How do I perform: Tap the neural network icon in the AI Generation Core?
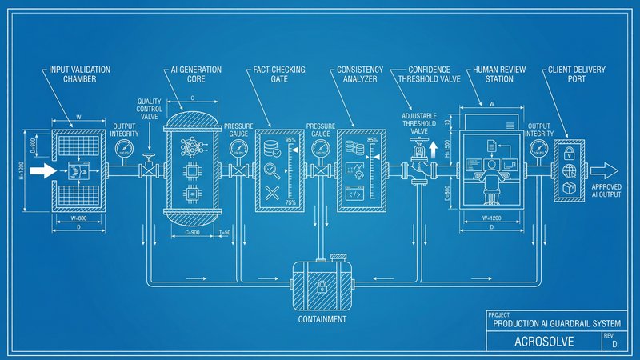pyautogui.click(x=192, y=145)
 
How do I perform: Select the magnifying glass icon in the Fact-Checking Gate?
pyautogui.click(x=273, y=169)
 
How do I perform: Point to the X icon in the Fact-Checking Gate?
pyautogui.click(x=273, y=192)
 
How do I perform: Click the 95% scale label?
pyautogui.click(x=290, y=141)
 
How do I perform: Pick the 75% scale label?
pyautogui.click(x=290, y=202)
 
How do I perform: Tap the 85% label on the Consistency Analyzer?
pyautogui.click(x=372, y=141)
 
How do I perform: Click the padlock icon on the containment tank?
pyautogui.click(x=322, y=286)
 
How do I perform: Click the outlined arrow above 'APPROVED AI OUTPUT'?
pyautogui.click(x=606, y=170)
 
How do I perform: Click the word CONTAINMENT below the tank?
pyautogui.click(x=322, y=318)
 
